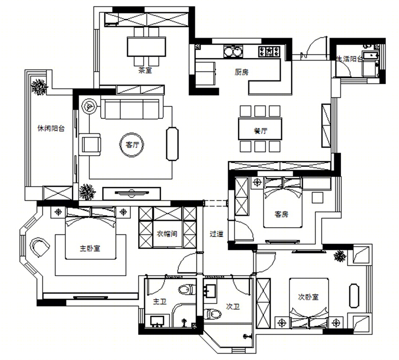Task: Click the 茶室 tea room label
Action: [145, 70]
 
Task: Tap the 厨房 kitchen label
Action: [241, 72]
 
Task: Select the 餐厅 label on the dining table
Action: [260, 131]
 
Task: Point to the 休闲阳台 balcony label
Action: [51, 129]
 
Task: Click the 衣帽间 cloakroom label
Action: [167, 234]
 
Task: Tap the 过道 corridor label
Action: [217, 234]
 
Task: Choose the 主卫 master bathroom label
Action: [160, 302]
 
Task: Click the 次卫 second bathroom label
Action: [233, 306]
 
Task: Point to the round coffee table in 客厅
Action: [132, 144]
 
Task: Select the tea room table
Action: [146, 47]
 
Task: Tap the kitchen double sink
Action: [233, 51]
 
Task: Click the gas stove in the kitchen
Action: [269, 51]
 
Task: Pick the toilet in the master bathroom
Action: [187, 289]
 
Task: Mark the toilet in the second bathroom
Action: [212, 314]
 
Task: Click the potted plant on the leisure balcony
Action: [39, 87]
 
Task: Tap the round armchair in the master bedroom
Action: [40, 247]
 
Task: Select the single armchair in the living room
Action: [90, 144]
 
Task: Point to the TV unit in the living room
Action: [132, 194]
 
